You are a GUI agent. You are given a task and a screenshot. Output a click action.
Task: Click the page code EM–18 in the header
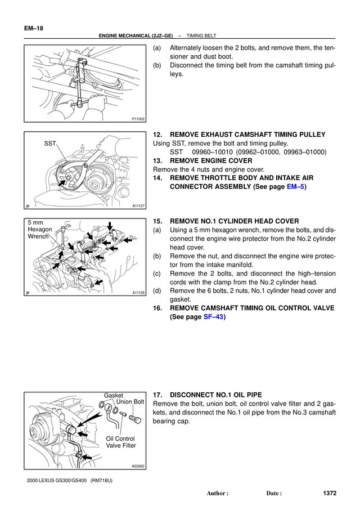click(33, 28)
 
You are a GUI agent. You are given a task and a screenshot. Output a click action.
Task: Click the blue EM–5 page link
click(295, 187)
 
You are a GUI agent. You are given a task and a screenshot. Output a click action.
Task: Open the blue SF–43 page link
click(213, 317)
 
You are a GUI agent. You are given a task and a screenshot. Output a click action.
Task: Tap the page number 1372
click(330, 493)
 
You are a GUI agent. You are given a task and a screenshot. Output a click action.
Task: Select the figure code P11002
click(138, 119)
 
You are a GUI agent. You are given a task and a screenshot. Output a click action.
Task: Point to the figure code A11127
click(138, 206)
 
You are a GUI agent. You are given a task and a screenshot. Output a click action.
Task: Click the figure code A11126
click(138, 293)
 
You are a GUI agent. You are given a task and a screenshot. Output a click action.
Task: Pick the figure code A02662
click(138, 466)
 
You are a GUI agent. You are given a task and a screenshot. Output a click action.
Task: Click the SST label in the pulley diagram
click(50, 144)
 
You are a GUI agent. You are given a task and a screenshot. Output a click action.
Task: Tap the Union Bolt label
click(130, 402)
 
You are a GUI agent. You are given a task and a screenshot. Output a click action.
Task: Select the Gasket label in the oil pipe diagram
click(114, 395)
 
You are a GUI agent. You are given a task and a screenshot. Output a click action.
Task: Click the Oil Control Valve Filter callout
click(120, 442)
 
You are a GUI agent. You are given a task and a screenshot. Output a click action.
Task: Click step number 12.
click(157, 135)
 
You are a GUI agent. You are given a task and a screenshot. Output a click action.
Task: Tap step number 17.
click(157, 395)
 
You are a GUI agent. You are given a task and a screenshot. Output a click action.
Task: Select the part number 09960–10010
click(212, 152)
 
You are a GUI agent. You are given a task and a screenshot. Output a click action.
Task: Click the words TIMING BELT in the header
click(201, 36)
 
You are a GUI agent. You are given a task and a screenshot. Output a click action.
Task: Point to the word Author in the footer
click(215, 493)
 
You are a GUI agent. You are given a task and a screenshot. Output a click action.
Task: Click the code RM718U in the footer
click(101, 480)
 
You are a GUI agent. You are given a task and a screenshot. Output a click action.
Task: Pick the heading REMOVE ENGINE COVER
click(211, 160)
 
